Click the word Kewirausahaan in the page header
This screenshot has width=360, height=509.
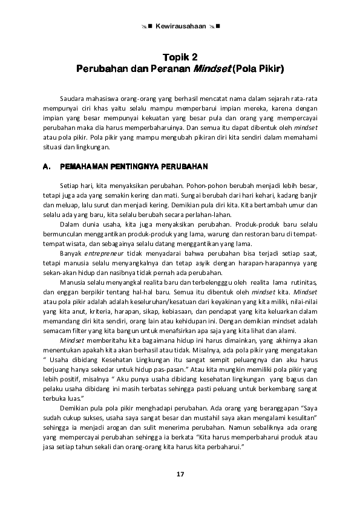coord(180,27)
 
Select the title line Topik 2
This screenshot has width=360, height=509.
coord(180,57)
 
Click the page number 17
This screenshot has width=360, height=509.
coord(180,473)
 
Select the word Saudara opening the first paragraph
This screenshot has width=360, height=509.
coord(72,98)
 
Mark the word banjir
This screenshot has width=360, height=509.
coord(308,195)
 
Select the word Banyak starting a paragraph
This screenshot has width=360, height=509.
coord(71,253)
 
